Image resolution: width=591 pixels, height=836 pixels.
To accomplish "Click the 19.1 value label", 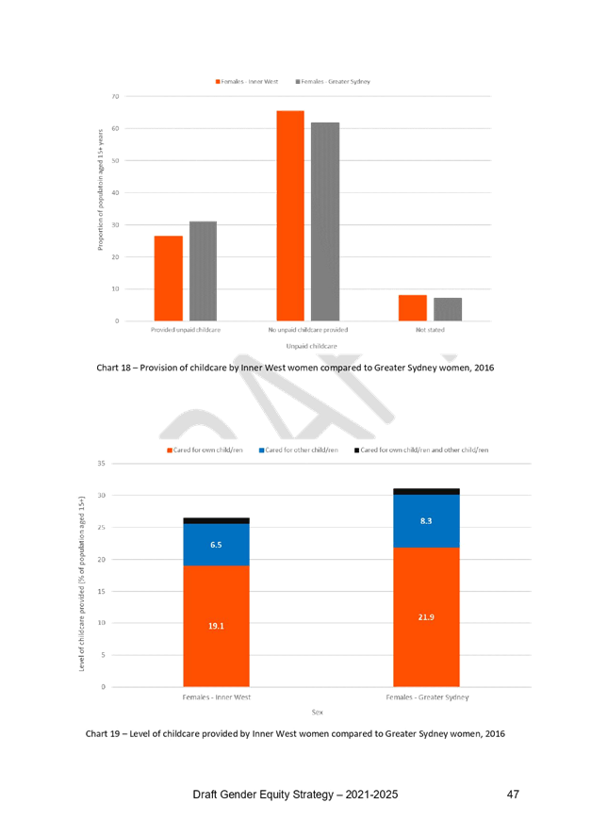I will [216, 625].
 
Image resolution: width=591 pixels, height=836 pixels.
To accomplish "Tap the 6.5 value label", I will [216, 545].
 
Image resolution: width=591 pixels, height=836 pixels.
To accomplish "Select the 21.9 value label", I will [426, 615].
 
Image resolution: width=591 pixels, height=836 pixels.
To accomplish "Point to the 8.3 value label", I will [426, 519].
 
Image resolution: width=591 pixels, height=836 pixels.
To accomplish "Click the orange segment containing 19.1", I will [216, 650].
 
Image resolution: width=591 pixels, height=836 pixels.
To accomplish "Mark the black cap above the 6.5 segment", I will [216, 520].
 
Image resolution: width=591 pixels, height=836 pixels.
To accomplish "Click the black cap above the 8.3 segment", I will [426, 491].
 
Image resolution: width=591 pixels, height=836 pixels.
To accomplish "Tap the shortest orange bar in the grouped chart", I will [412, 307].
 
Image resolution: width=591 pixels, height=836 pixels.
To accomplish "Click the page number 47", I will [512, 795].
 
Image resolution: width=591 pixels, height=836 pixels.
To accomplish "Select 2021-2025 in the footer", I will [369, 796].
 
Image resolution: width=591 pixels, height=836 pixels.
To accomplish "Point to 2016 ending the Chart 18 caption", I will [484, 367].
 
